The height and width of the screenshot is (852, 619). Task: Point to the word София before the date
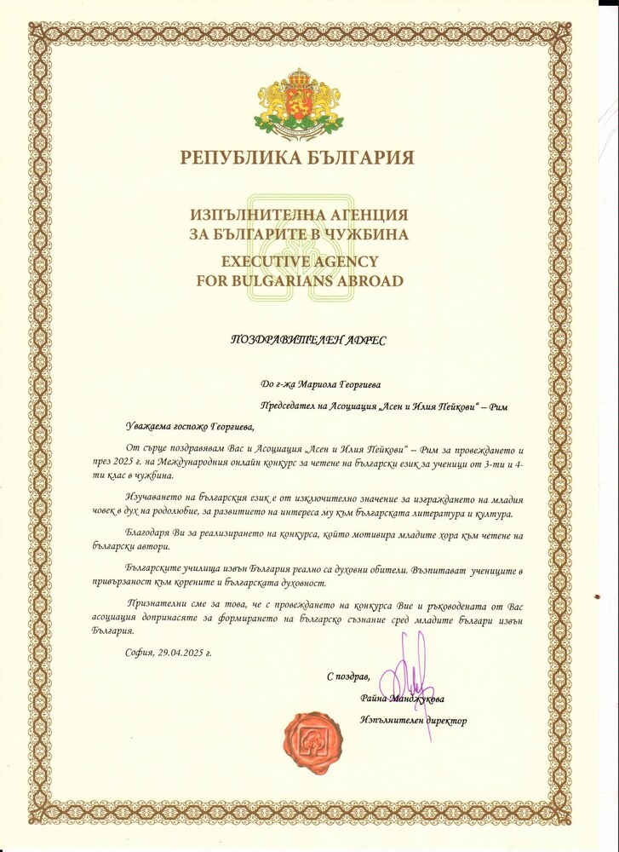click(x=139, y=652)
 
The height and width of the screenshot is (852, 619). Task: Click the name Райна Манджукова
click(x=402, y=699)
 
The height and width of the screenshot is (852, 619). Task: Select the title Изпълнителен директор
click(x=414, y=721)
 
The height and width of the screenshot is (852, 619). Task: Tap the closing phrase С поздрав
click(x=348, y=676)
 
